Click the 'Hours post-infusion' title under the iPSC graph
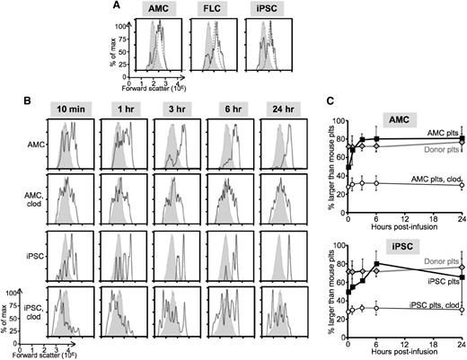tap(406, 355)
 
